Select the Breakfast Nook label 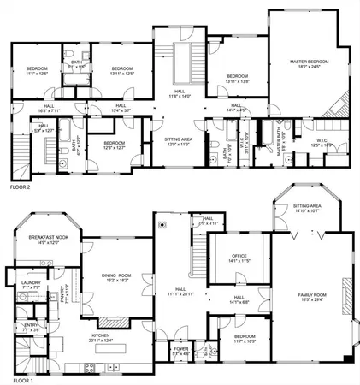(47, 240)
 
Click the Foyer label (181, 350)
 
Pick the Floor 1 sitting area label (307, 208)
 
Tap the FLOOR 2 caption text (19, 185)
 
